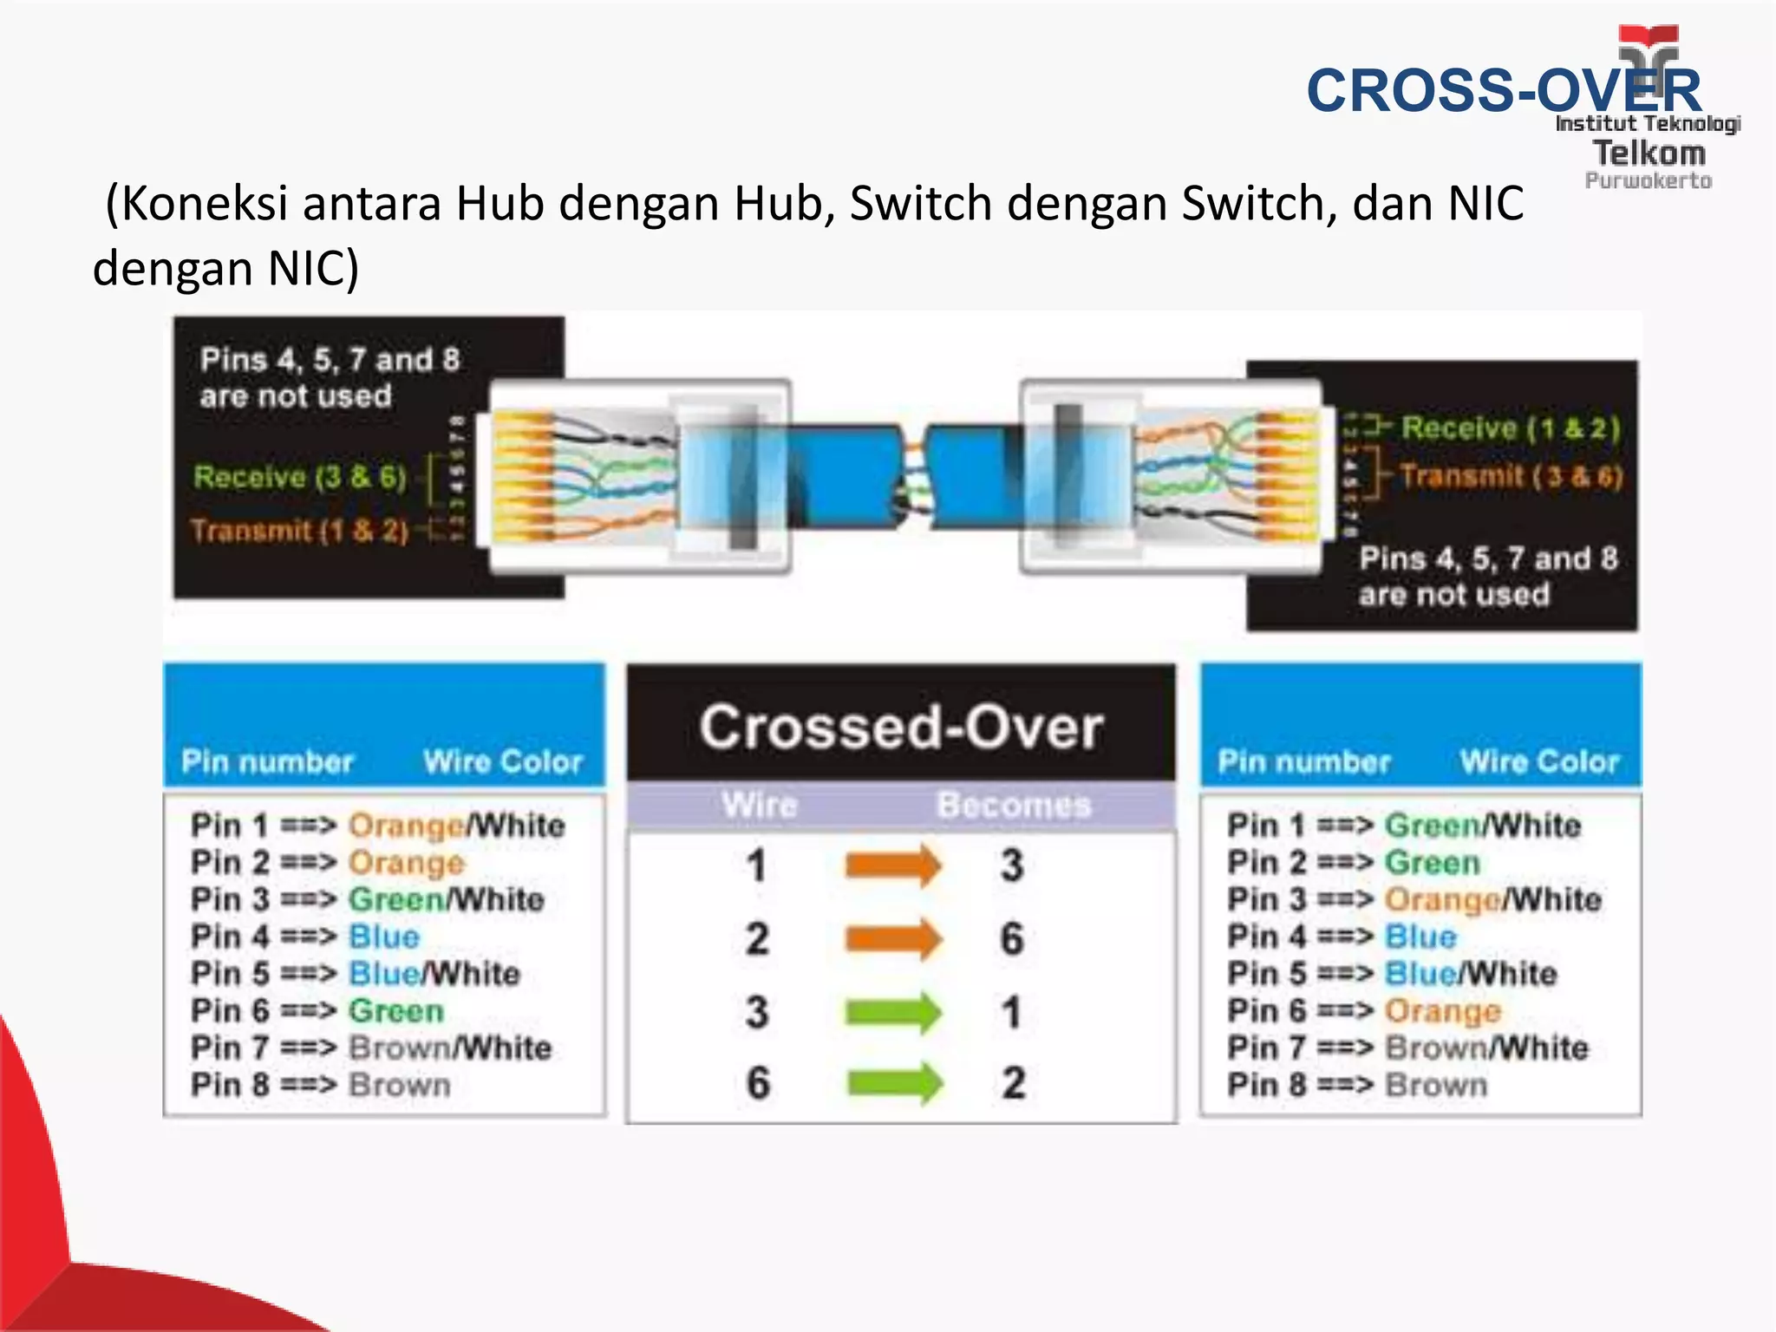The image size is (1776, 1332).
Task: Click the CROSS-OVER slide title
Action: (1503, 90)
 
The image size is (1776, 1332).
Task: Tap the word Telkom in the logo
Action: (1649, 153)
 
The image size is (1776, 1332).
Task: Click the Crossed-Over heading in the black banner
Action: (901, 727)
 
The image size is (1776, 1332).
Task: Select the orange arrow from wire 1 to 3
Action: (892, 865)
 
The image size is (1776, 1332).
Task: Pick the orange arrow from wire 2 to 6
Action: (892, 938)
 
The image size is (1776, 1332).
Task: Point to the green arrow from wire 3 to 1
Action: (892, 1012)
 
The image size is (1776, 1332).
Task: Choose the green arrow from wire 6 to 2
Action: (894, 1083)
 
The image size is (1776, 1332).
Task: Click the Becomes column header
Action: (1014, 806)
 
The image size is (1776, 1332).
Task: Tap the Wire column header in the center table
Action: (760, 806)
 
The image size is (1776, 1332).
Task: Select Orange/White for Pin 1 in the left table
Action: (456, 825)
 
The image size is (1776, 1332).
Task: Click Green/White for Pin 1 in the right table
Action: (1482, 825)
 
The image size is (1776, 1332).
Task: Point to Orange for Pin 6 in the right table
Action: (1442, 1011)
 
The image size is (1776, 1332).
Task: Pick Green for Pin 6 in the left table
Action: (396, 1011)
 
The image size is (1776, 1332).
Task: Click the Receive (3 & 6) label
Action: (299, 477)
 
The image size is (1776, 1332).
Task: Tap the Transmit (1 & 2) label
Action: (299, 530)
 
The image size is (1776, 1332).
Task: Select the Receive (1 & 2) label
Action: (1510, 428)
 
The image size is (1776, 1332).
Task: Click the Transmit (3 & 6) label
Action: (1510, 476)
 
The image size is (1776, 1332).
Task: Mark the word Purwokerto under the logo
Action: (1648, 181)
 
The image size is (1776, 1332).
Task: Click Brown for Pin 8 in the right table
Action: (1436, 1085)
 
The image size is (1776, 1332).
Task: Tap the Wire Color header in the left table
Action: (502, 761)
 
